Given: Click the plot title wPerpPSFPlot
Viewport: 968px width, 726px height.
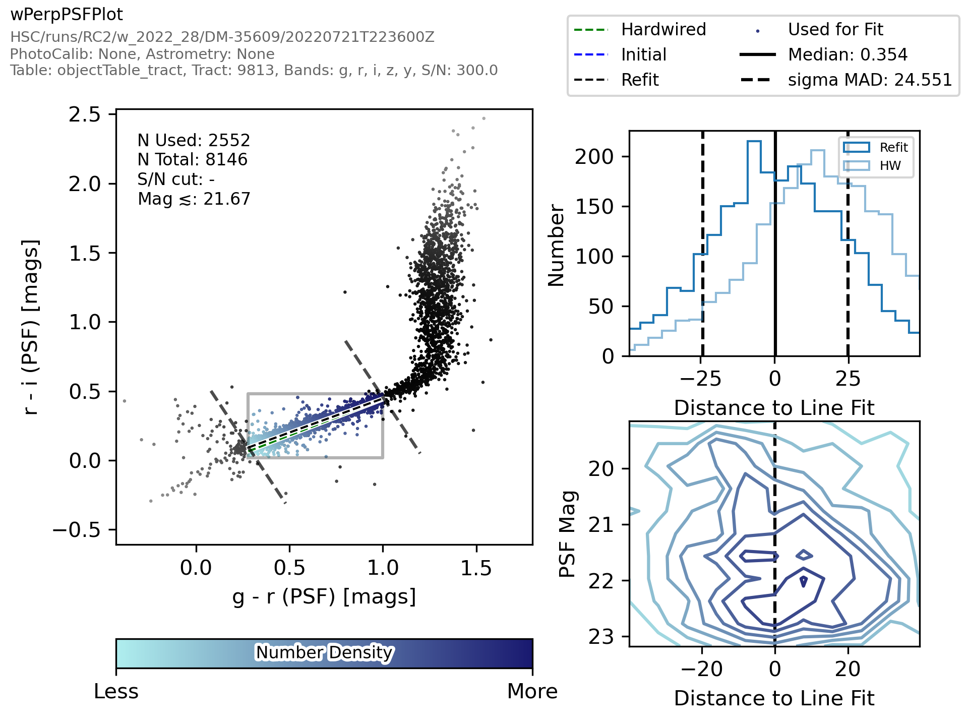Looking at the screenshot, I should click(67, 15).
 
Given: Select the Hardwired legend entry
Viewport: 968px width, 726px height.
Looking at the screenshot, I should click(663, 30).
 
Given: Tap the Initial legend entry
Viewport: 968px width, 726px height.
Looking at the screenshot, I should click(643, 54).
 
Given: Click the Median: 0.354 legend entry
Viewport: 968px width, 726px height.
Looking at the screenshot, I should click(848, 54).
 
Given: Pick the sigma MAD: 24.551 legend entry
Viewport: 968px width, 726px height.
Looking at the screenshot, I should click(870, 80).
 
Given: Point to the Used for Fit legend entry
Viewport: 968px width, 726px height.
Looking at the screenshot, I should click(835, 30).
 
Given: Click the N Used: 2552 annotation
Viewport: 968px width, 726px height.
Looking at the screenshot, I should click(194, 140).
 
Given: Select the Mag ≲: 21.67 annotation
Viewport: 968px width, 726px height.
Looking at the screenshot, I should click(194, 199).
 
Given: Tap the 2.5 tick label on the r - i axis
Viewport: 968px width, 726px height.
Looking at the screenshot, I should click(85, 115).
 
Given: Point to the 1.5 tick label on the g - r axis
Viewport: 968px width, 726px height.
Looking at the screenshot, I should click(476, 568).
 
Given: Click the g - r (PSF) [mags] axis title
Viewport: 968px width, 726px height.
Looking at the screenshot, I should click(324, 596).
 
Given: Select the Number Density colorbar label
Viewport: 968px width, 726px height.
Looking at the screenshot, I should click(324, 653).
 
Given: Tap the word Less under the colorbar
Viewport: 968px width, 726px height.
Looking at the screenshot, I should click(116, 691).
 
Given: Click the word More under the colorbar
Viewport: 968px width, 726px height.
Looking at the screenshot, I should click(532, 691).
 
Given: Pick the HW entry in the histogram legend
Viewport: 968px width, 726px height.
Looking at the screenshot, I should click(890, 166).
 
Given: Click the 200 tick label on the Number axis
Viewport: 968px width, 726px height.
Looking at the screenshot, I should click(594, 157).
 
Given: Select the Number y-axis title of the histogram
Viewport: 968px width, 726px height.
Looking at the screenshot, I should click(556, 246).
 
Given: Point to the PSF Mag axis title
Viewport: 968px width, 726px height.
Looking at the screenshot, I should click(568, 533).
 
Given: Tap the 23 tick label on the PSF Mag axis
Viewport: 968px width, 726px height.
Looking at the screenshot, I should click(601, 637).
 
